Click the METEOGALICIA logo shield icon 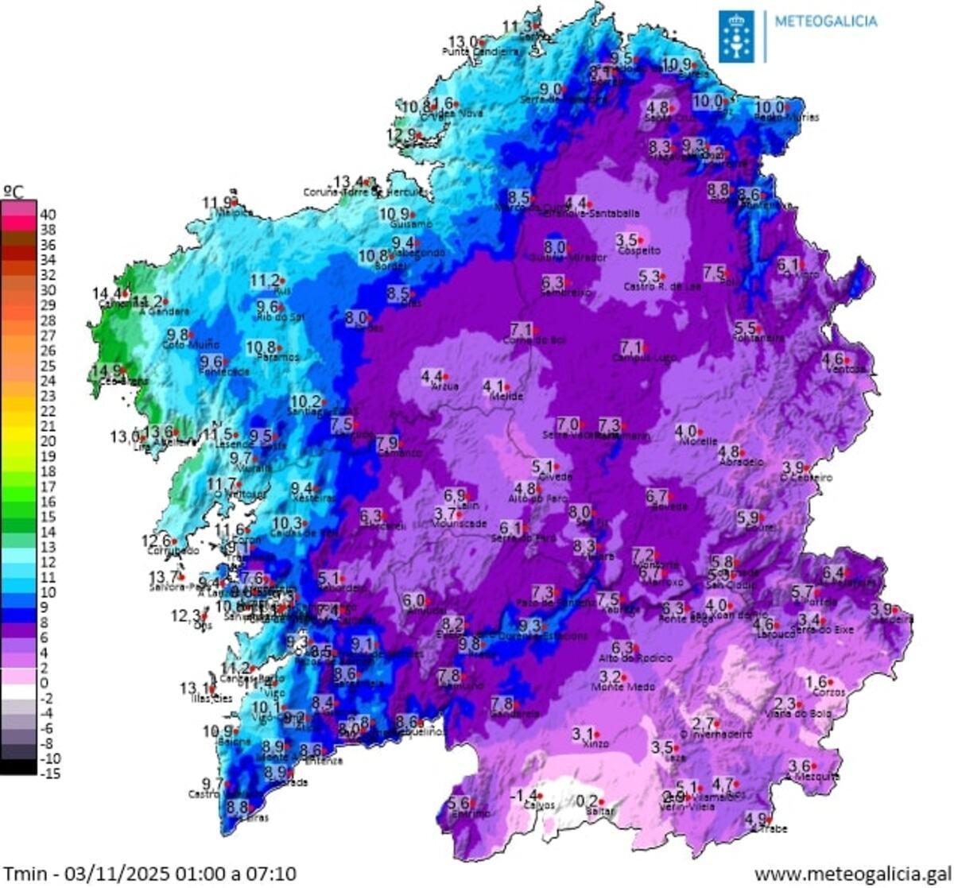coord(735,36)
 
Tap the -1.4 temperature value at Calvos coord(523,795)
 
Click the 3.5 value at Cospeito coord(627,238)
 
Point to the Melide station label coord(506,396)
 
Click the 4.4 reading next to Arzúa coord(431,375)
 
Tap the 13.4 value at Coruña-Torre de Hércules coord(348,180)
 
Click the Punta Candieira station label coord(480,52)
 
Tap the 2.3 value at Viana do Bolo coord(785,703)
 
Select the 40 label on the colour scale coord(48,214)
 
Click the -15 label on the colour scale coord(49,773)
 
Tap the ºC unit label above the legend coord(14,191)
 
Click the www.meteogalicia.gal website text coord(852,874)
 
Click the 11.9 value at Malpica coord(218,202)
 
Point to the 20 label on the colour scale coord(48,440)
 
